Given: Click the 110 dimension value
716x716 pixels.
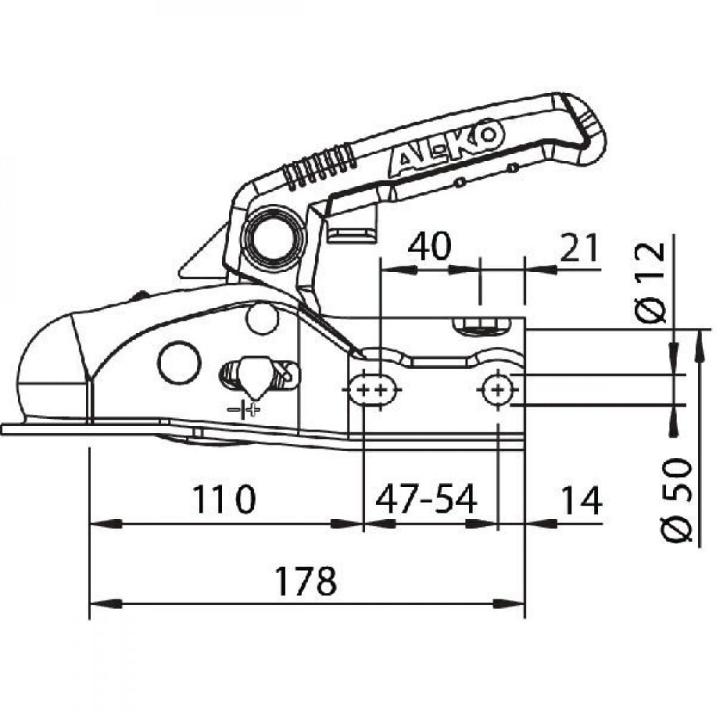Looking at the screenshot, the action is tap(223, 499).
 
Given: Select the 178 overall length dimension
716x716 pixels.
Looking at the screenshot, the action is tap(306, 581).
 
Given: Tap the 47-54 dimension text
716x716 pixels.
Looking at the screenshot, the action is tap(426, 499).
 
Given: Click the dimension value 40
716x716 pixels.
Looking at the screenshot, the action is tap(429, 246).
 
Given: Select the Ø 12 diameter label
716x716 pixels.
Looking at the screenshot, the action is tap(650, 283).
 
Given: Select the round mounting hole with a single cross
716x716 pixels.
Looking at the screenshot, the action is tap(498, 390).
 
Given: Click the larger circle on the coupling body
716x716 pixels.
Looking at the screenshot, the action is tap(180, 362).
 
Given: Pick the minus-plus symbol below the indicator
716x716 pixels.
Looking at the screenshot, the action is tap(244, 409).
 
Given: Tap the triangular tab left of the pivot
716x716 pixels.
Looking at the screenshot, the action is tap(203, 256).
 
